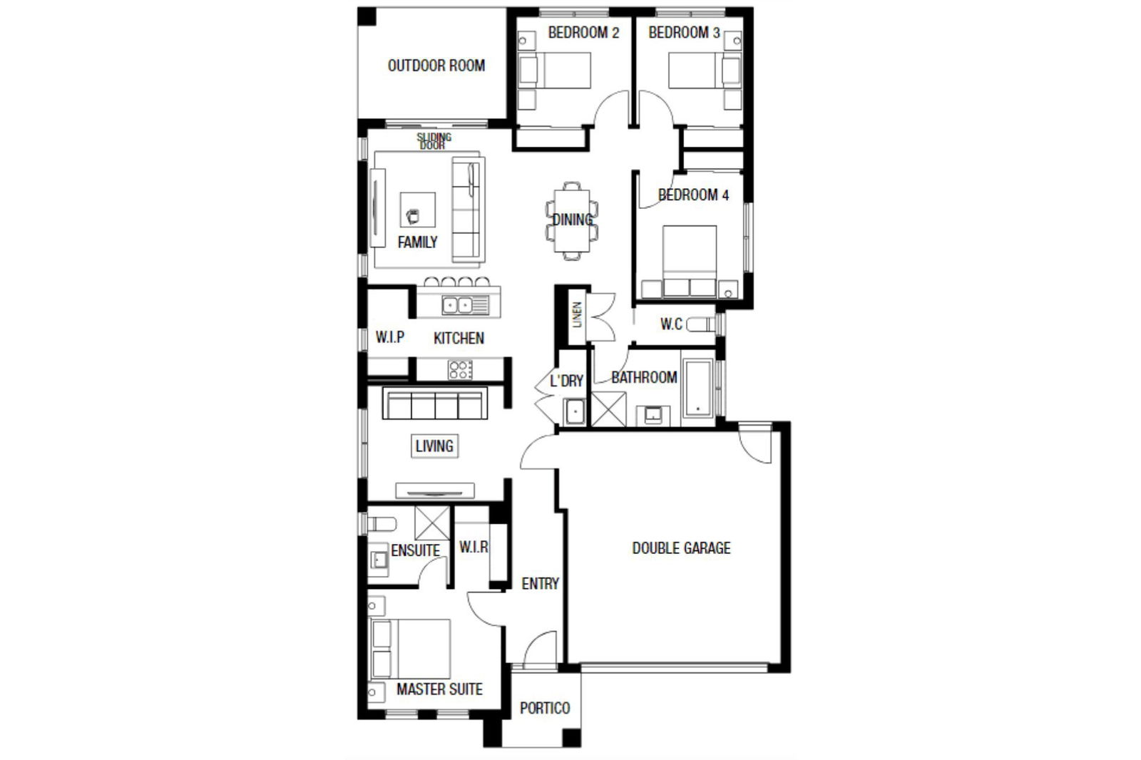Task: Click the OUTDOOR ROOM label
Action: (436, 66)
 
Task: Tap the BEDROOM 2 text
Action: (583, 33)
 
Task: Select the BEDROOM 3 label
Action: (684, 33)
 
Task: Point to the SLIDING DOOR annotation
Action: (434, 141)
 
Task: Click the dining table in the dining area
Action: (571, 220)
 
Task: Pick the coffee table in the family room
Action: (418, 210)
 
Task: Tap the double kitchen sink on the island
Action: (457, 305)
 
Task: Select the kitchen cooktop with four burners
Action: (460, 369)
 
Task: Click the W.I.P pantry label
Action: (389, 337)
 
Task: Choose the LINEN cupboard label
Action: (577, 315)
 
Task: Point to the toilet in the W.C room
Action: (702, 324)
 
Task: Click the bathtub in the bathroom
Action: (698, 388)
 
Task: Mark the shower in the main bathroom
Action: (608, 409)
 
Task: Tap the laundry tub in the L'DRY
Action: (575, 411)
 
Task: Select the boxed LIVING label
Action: (434, 446)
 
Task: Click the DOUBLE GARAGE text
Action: (681, 548)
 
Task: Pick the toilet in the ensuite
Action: (382, 523)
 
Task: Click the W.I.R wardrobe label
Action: (474, 547)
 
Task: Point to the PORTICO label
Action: (545, 707)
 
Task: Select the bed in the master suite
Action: (411, 649)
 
